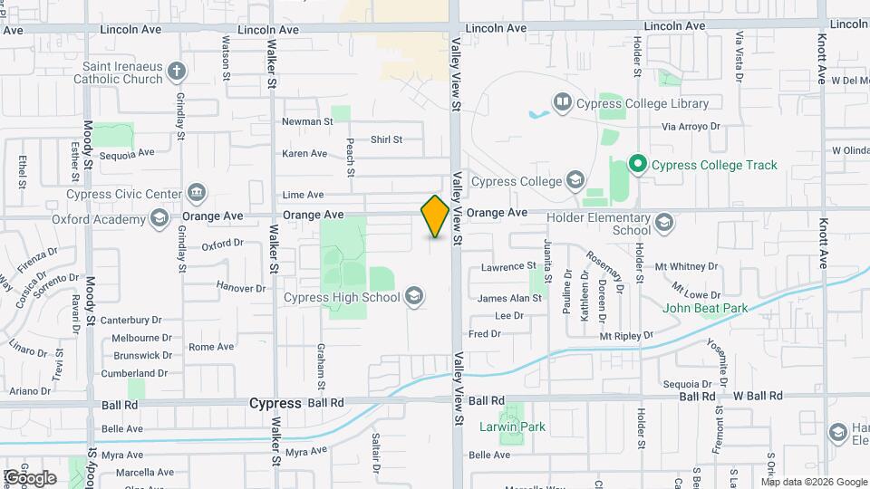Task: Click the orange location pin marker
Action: [x=435, y=216]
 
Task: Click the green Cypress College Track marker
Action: [x=637, y=164]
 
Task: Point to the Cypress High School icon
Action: [x=414, y=297]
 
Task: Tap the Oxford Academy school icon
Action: [x=159, y=216]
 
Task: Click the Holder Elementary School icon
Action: [x=664, y=223]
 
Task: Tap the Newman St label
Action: [x=307, y=121]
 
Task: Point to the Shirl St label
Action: [x=385, y=139]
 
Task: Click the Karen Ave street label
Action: [x=304, y=154]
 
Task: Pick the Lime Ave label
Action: [x=303, y=195]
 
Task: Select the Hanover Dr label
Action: [x=239, y=287]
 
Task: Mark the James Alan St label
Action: [x=509, y=298]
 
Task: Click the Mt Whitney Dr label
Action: [x=686, y=267]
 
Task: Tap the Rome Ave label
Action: [x=211, y=347]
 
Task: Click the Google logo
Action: [x=31, y=477]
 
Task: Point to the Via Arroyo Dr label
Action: [x=691, y=128]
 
